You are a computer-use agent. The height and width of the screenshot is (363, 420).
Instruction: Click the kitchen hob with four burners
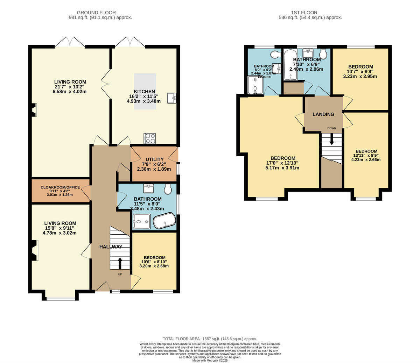click(x=150, y=138)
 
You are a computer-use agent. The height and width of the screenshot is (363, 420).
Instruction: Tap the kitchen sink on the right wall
click(x=171, y=98)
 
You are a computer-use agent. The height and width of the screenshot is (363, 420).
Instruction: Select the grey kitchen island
click(x=145, y=92)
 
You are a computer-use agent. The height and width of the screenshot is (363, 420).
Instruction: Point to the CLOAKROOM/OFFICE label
click(x=60, y=187)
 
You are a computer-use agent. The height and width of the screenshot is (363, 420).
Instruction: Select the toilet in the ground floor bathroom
click(x=168, y=189)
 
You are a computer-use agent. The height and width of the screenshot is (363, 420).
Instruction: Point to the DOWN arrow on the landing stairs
click(x=332, y=140)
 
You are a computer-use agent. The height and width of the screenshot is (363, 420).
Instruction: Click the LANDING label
click(x=323, y=114)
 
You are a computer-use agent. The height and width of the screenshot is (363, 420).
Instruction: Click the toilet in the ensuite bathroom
click(x=275, y=55)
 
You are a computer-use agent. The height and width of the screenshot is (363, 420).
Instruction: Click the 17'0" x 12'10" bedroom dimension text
click(x=283, y=163)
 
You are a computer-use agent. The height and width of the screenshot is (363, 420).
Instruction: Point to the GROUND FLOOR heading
click(x=96, y=13)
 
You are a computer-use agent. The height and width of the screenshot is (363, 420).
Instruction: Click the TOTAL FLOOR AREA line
click(x=210, y=339)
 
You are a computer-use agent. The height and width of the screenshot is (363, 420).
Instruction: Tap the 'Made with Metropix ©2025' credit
click(x=210, y=360)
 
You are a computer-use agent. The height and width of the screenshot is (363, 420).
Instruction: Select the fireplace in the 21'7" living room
click(x=34, y=110)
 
